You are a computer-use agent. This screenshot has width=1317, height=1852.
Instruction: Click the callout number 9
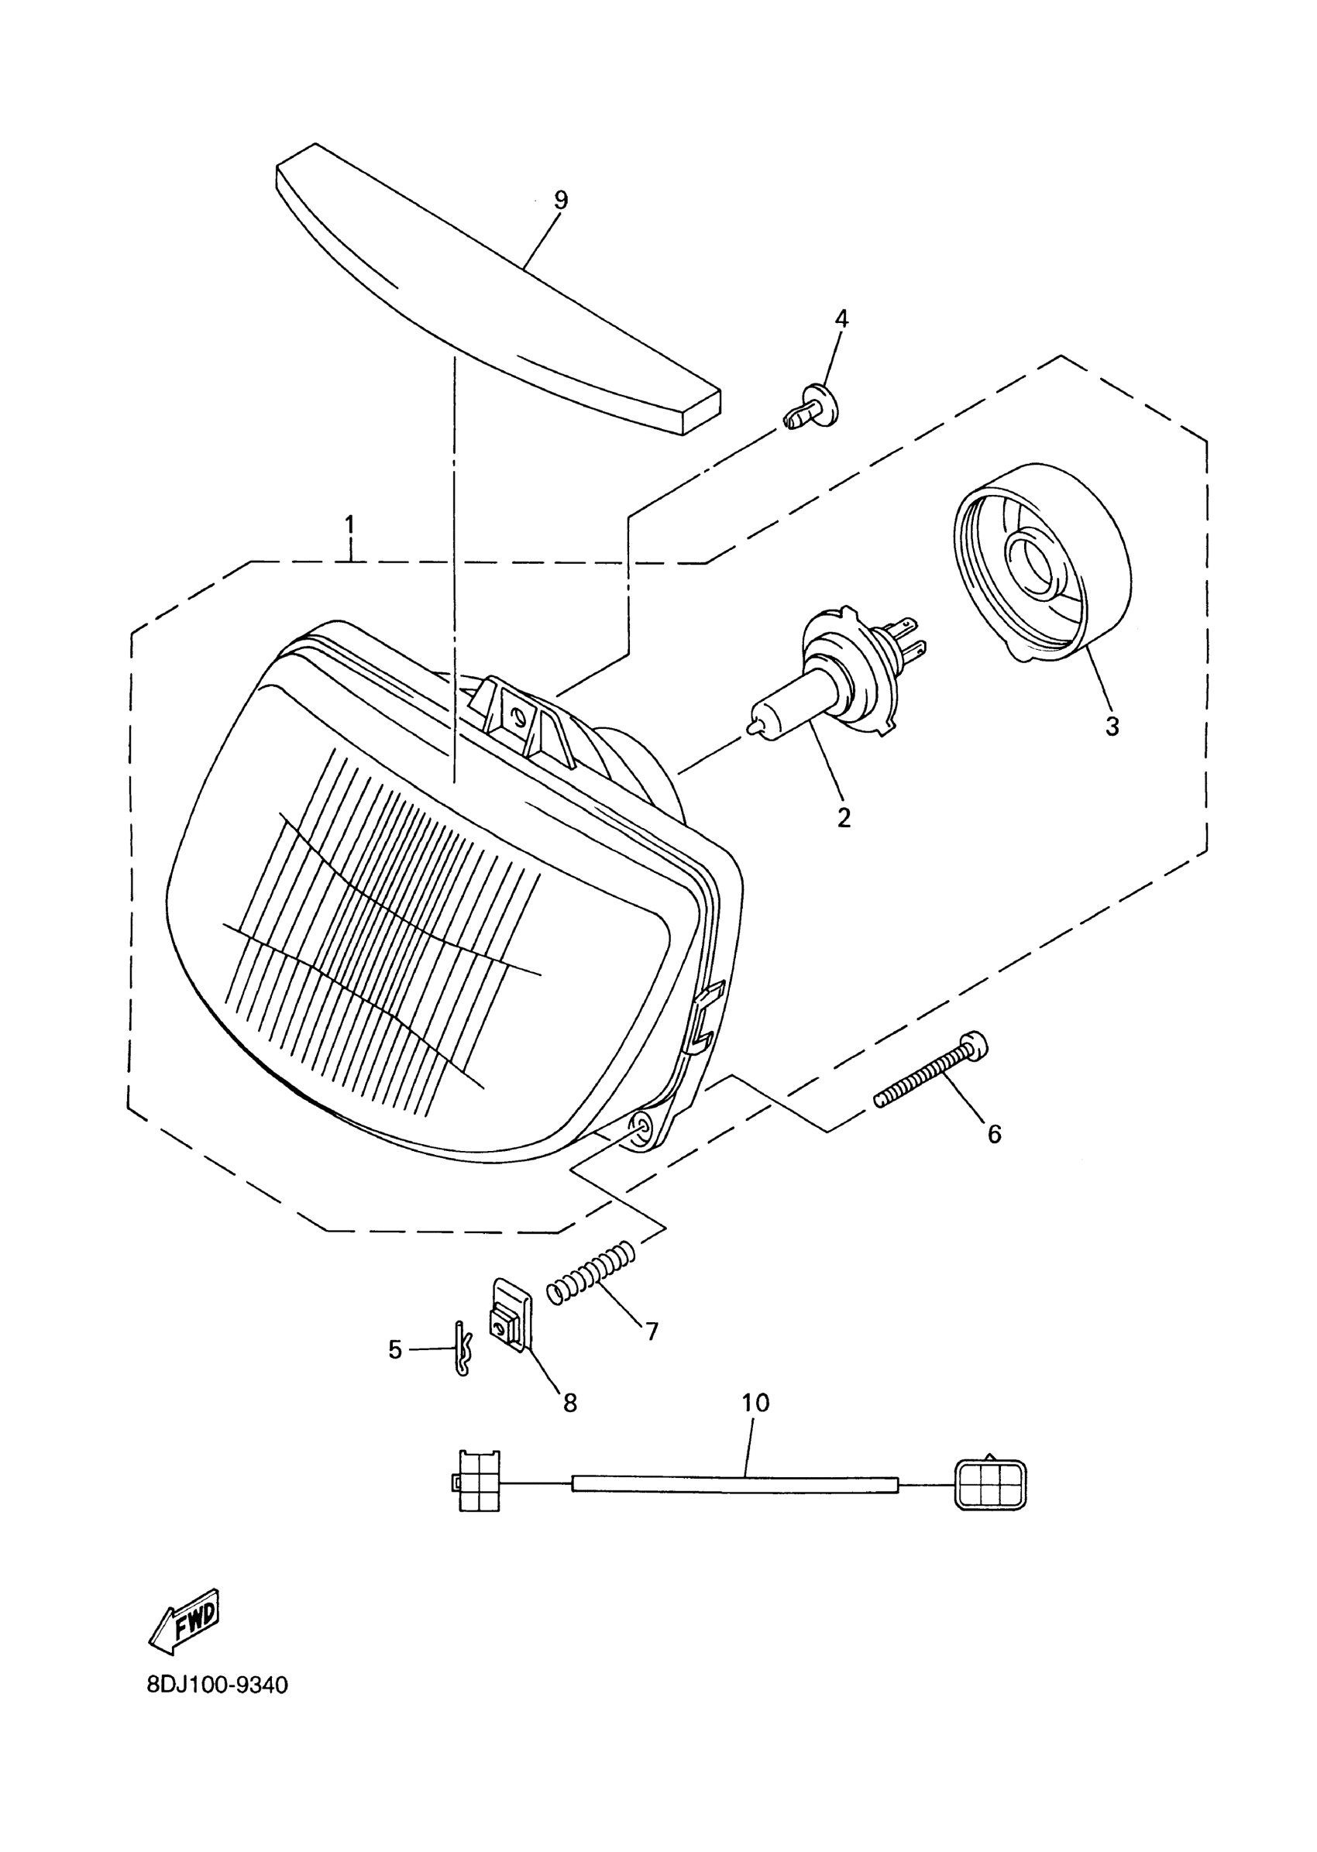click(x=560, y=201)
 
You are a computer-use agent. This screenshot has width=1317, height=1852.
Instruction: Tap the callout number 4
click(x=842, y=318)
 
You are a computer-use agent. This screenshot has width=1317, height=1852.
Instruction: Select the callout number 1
click(x=349, y=524)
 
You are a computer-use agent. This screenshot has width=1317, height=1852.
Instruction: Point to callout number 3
click(x=1112, y=727)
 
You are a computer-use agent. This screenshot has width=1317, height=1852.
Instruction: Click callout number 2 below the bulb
click(x=844, y=818)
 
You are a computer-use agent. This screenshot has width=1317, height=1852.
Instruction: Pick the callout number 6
click(x=994, y=1133)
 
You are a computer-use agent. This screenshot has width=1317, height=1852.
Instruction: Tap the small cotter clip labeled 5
click(x=462, y=1349)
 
